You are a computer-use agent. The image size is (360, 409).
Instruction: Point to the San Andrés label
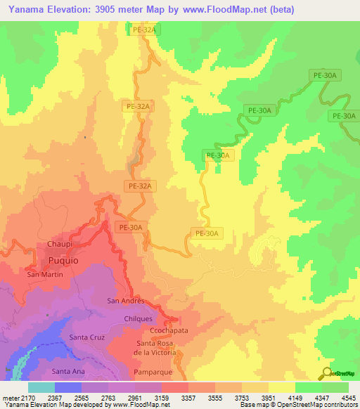[125, 301]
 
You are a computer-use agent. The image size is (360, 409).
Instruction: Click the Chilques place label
[137, 318]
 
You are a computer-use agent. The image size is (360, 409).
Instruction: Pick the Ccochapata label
[167, 330]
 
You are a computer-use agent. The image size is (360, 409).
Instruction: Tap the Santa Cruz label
[86, 337]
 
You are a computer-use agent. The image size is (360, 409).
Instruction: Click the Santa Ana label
[69, 370]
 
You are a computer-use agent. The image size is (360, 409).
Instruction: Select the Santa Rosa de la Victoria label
[159, 347]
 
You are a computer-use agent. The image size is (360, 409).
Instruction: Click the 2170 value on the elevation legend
[28, 398]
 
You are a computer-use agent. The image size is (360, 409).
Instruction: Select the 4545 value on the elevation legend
[348, 398]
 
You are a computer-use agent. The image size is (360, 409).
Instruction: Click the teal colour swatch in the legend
[41, 387]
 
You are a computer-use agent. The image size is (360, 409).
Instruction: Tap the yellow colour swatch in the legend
[281, 387]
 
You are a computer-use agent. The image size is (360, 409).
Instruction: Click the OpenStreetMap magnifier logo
[326, 374]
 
